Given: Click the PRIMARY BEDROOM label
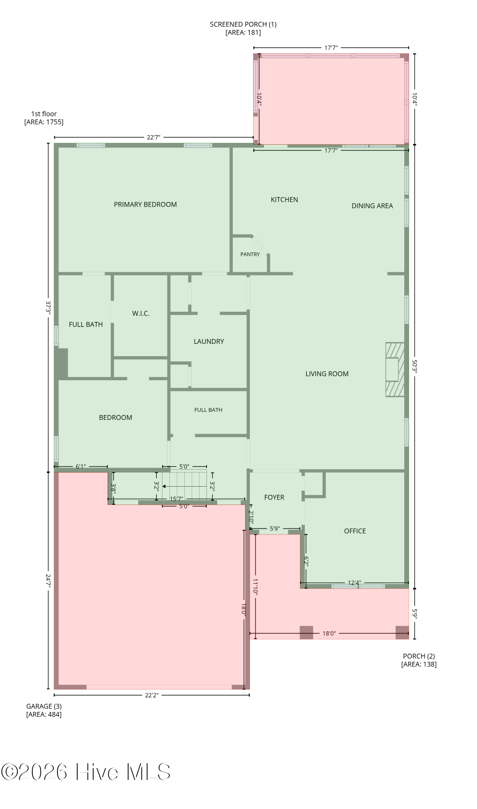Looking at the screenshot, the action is coord(145,204).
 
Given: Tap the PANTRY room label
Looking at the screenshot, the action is coord(250,254).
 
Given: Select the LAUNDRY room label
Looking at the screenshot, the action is coord(209,341).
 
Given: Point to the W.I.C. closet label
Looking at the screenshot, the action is coord(141,313).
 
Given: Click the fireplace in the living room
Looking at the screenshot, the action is coord(395,370).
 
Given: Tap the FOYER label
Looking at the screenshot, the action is coord(274,497).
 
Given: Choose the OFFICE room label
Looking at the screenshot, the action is coord(355,531).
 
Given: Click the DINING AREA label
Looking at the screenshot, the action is coord(372,205).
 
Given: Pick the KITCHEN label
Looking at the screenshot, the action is coord(284,199).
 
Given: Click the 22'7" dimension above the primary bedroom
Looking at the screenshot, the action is coord(153,137).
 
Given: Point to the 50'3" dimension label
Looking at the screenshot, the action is coord(414,366).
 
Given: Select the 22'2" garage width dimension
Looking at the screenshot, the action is coord(151,695).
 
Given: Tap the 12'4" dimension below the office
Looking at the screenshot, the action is coord(355,583).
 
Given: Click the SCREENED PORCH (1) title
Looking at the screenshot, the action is coord(243,24).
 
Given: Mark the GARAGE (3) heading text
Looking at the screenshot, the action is coord(44,706).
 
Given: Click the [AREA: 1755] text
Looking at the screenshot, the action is coord(44,122).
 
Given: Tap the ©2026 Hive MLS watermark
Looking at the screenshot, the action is coord(86,772).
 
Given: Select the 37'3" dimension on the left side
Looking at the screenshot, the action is coord(48,307).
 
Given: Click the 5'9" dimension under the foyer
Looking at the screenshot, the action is coord(274,528).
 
